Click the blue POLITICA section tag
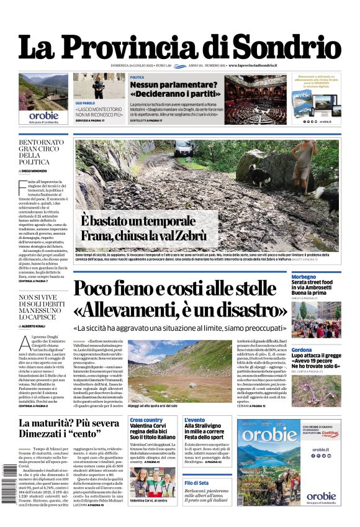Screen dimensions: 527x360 137,77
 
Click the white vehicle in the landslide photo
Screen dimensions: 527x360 184,149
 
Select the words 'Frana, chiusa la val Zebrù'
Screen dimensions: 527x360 143,236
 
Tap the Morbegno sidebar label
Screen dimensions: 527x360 304,277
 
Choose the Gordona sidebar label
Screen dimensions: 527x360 302,351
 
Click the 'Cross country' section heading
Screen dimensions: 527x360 146,420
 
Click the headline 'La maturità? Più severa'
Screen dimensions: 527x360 70,423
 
